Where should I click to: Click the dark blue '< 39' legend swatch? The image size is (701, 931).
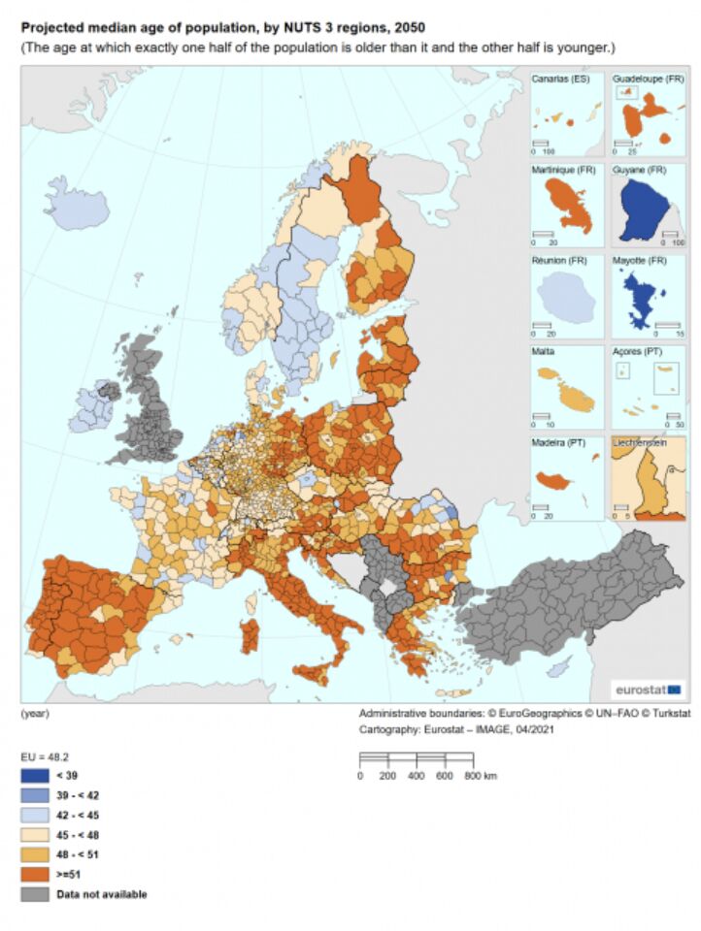34,775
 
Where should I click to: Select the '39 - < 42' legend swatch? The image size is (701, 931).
34,794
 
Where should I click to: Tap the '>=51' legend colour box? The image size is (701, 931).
34,874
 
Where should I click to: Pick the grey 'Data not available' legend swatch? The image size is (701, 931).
34,894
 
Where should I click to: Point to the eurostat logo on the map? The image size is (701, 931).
647,690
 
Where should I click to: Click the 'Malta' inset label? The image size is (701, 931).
544,351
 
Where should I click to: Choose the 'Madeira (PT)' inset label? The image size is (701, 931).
558,442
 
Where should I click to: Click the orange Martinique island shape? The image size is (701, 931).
566,209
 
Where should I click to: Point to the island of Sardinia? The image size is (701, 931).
249,636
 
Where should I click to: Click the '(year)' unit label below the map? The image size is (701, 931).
35,714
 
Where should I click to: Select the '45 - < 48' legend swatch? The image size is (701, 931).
34,834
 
